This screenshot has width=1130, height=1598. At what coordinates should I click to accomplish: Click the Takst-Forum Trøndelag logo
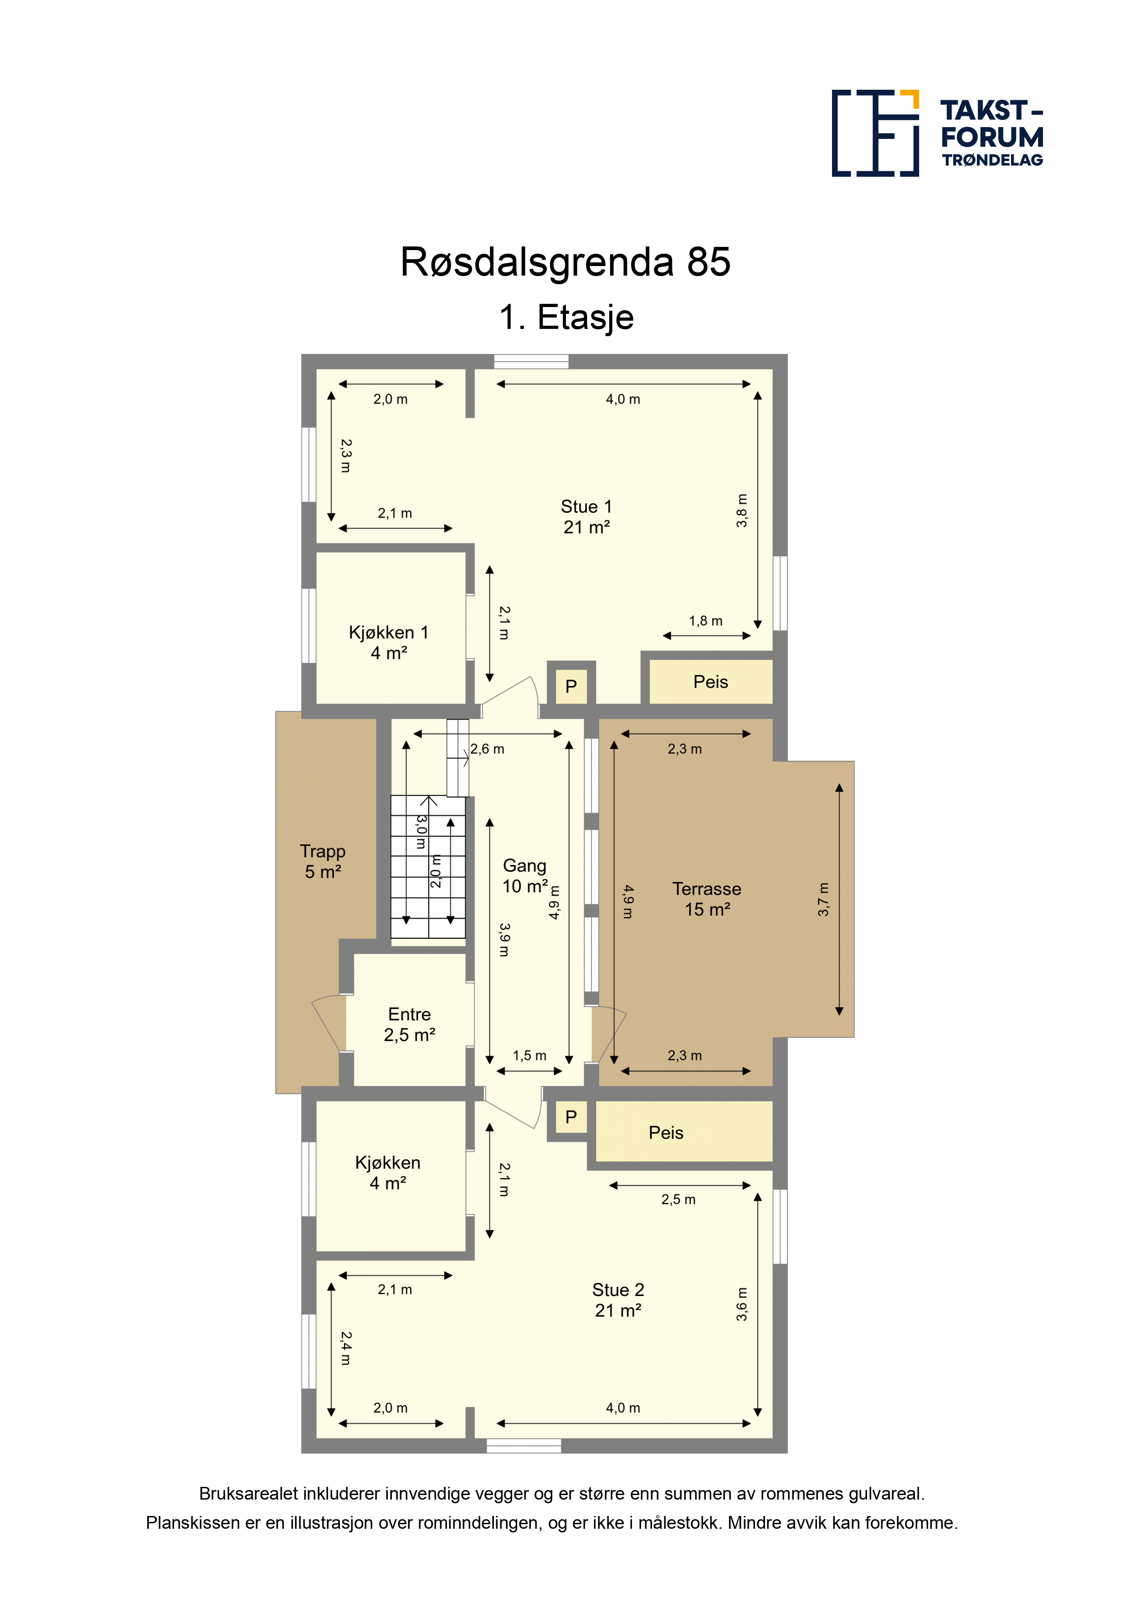coord(937,133)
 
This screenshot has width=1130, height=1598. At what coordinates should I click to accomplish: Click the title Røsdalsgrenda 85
coord(565,262)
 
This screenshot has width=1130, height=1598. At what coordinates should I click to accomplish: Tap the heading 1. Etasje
coord(566,318)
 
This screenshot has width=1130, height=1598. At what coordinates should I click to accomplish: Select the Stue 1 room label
coord(586,517)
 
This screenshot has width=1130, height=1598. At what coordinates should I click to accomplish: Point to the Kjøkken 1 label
coord(389,642)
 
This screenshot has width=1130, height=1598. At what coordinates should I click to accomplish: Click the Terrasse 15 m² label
coord(707,898)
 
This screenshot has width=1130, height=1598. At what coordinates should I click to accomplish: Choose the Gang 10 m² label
coord(525,876)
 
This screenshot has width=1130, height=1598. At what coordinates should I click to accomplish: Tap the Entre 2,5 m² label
coord(409,1024)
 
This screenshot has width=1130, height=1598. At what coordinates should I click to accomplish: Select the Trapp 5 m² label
coord(322,861)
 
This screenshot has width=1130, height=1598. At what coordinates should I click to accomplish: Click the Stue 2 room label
coord(618,1300)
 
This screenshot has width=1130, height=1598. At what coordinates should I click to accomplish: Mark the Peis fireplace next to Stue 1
coord(711,682)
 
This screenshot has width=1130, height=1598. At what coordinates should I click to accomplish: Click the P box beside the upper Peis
coord(571,686)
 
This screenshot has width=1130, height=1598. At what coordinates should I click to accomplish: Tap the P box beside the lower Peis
coord(571,1117)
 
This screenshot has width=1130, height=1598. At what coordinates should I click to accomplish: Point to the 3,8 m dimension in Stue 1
coord(742,510)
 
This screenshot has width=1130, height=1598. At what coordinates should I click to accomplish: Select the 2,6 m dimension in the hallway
coord(488,749)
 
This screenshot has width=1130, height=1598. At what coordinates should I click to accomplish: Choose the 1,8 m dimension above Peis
coord(706,621)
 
